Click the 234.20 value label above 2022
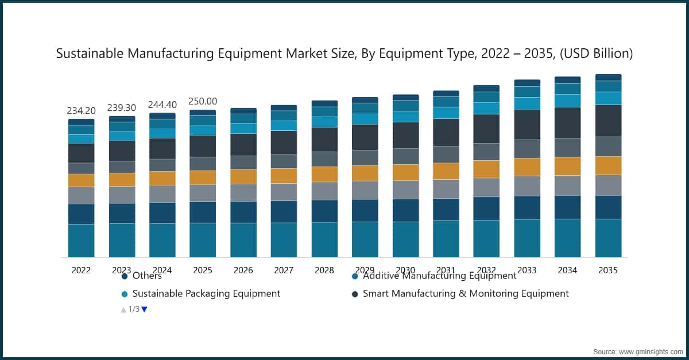(81, 111)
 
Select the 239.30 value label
(122, 108)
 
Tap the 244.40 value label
(162, 104)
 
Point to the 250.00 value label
(203, 101)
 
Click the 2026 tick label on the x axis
(243, 270)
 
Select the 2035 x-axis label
(608, 270)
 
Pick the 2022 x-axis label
(81, 270)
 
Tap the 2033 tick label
(527, 270)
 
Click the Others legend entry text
(147, 276)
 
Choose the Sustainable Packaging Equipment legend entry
(206, 293)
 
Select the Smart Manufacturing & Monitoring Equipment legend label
(466, 293)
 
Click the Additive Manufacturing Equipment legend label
(439, 276)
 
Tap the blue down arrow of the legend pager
(144, 309)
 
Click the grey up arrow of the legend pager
(123, 309)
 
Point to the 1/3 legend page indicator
(134, 309)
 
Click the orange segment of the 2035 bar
(608, 165)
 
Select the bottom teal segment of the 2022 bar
(81, 241)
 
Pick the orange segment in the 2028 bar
(324, 174)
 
